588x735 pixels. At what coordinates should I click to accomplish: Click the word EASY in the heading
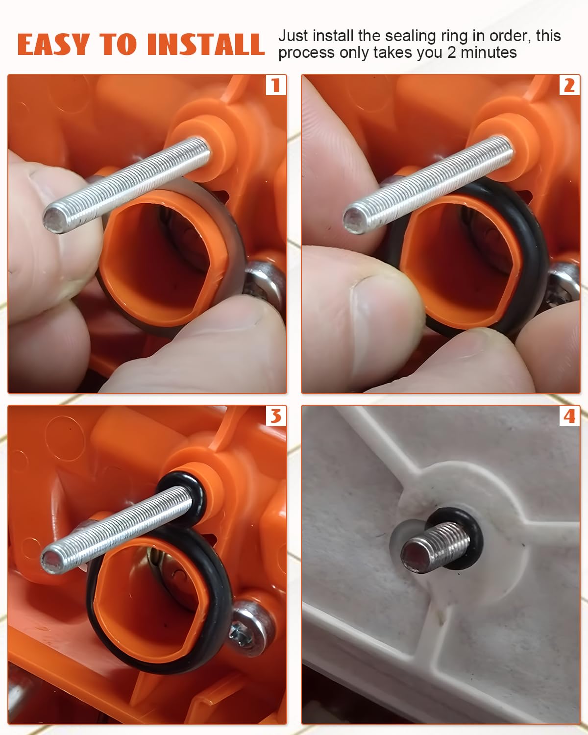53,45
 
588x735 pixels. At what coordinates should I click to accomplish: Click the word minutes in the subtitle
489,52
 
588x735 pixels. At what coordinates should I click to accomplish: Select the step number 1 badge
276,85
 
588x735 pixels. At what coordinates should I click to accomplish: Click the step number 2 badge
569,85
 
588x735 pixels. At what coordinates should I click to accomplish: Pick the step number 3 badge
276,416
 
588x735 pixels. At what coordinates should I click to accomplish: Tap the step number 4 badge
569,416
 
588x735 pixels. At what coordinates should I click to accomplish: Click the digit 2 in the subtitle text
452,52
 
